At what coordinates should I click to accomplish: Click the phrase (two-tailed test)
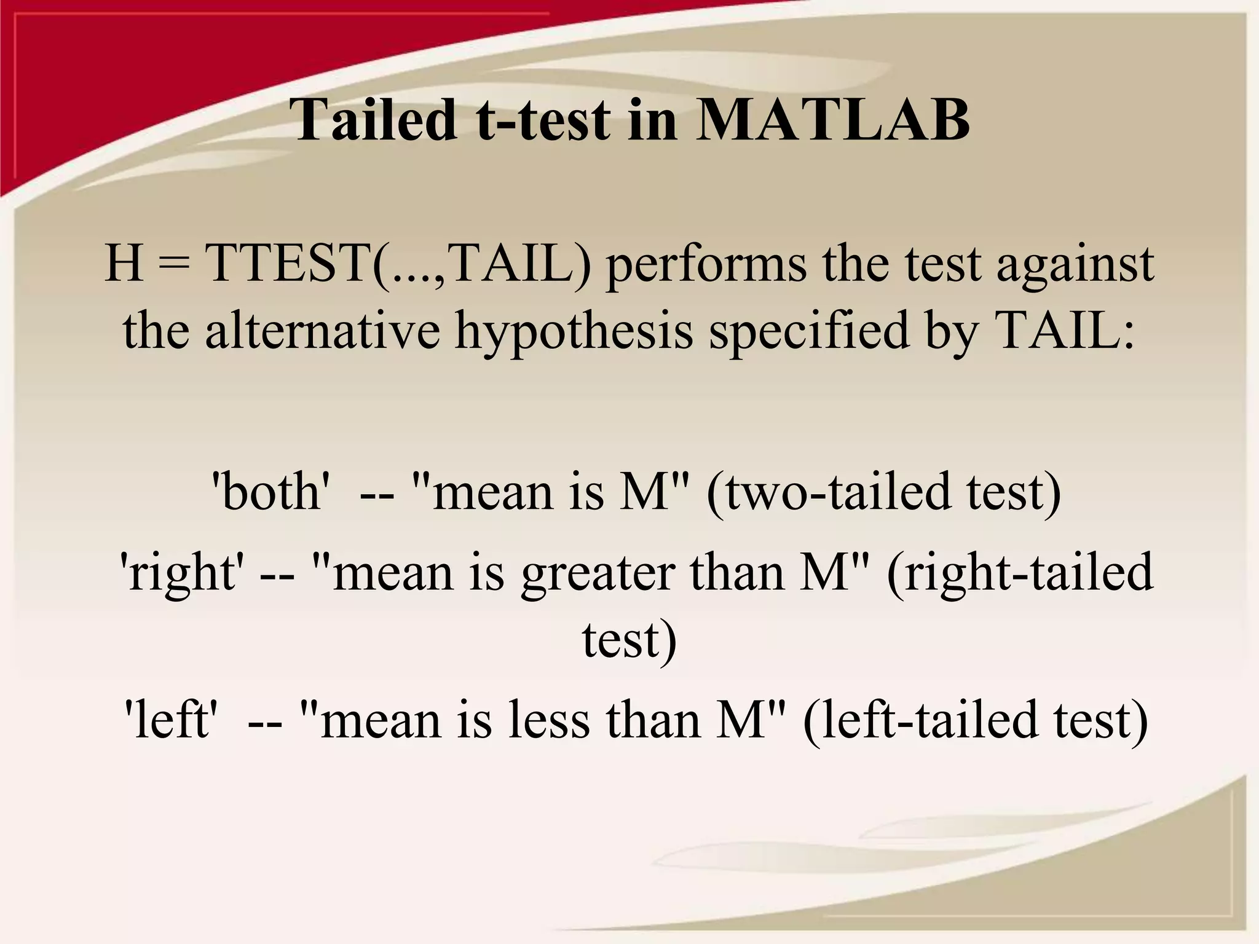[x=883, y=492]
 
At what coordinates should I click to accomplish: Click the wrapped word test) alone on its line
[x=629, y=640]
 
